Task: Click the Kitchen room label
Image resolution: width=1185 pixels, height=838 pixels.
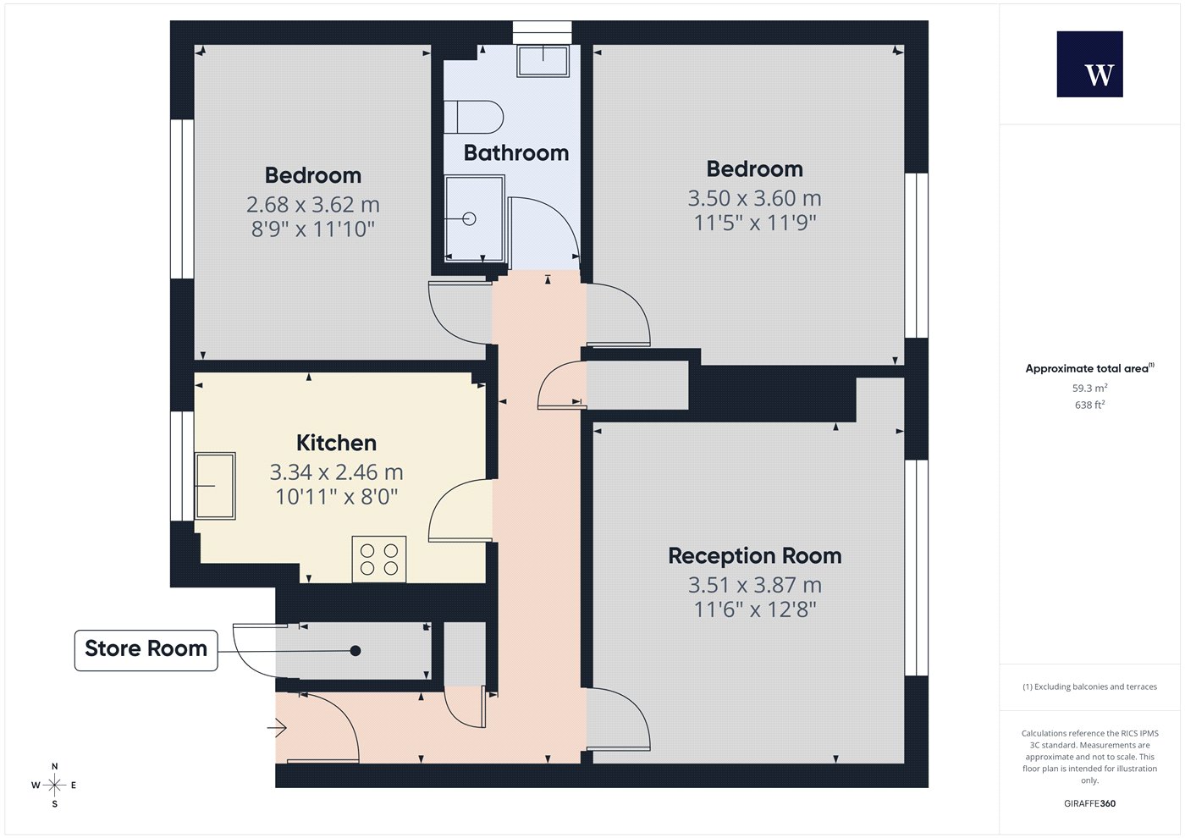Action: (337, 443)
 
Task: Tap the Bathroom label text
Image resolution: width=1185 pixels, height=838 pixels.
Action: (516, 153)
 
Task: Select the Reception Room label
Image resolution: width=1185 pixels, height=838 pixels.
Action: (755, 555)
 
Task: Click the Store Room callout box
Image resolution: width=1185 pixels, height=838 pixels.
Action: (146, 650)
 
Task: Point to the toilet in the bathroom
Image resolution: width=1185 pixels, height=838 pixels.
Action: (473, 117)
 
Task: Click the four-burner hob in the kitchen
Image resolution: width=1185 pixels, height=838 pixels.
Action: (379, 560)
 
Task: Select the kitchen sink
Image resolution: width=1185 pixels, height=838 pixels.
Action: (215, 486)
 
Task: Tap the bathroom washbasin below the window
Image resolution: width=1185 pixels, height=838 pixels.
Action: (543, 61)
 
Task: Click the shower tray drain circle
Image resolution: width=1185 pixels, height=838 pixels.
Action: (469, 218)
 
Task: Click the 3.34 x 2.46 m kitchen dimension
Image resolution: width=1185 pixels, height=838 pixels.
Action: (337, 472)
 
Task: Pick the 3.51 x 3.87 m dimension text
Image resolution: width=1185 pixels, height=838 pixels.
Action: (755, 585)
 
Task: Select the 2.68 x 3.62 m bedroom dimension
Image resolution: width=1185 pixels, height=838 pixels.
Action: (313, 204)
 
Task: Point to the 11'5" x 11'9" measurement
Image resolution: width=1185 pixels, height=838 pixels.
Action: (755, 223)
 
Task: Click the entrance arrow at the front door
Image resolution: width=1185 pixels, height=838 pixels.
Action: (277, 728)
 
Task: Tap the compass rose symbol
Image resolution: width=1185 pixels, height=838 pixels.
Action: (54, 786)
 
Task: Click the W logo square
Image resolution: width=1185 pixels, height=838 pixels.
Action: (1090, 64)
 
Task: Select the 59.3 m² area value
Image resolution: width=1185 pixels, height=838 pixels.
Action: (1090, 388)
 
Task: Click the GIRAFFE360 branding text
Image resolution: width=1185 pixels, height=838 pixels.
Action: (1090, 803)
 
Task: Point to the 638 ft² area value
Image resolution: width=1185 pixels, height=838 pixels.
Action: (1090, 405)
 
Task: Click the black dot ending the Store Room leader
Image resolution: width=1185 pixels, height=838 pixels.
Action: (355, 651)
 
